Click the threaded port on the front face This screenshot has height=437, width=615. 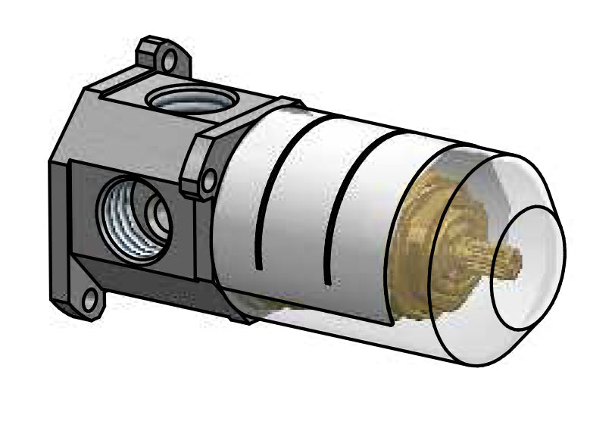click(133, 215)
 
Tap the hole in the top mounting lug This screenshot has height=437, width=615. click(170, 58)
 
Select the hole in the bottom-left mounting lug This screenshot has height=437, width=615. click(91, 300)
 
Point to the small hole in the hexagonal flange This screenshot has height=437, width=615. click(209, 179)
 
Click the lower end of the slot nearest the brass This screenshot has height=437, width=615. click(327, 282)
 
